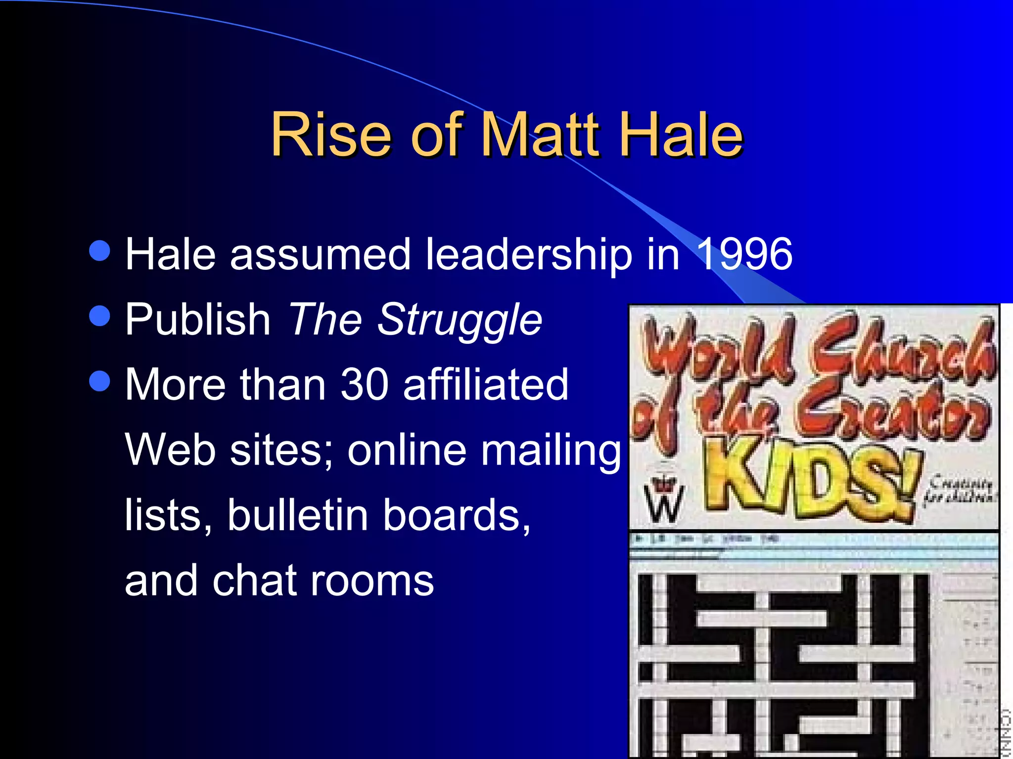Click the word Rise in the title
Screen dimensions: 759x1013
point(331,134)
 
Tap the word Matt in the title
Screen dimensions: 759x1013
point(540,134)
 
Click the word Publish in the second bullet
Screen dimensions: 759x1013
point(197,319)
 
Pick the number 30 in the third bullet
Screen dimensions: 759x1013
point(365,384)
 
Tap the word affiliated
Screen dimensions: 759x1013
point(486,384)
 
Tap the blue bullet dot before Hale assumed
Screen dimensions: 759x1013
point(100,251)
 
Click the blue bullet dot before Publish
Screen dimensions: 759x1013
point(100,316)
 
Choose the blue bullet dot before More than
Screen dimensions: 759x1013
point(100,381)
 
